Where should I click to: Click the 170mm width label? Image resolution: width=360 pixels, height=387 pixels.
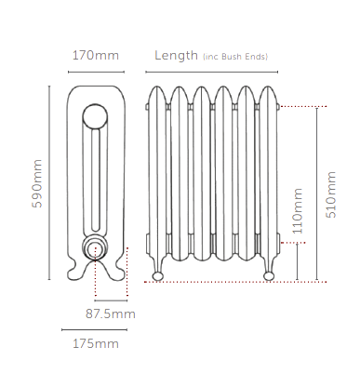tap(95, 56)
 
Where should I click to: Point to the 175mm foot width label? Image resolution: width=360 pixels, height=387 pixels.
tap(95, 344)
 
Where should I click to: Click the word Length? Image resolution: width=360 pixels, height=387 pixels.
tap(176, 56)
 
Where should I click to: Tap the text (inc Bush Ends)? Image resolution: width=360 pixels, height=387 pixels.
tap(235, 58)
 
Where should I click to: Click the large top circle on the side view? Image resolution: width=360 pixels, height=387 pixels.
tap(95, 116)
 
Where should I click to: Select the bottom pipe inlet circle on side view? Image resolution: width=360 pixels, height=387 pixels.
tap(94, 247)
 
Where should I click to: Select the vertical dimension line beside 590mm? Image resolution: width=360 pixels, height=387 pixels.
tap(48, 182)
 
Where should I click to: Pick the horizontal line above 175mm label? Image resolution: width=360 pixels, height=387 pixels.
tap(94, 328)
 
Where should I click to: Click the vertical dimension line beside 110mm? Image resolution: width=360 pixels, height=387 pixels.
tap(297, 260)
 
